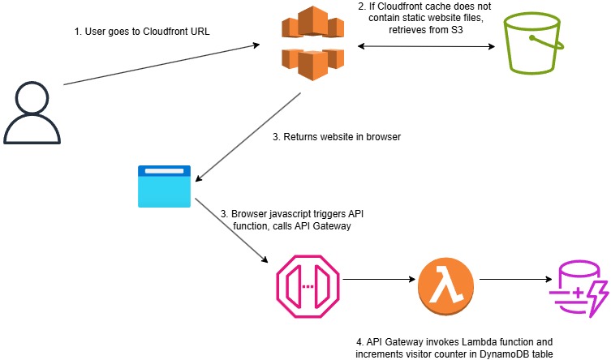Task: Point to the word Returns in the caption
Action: pos(302,137)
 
